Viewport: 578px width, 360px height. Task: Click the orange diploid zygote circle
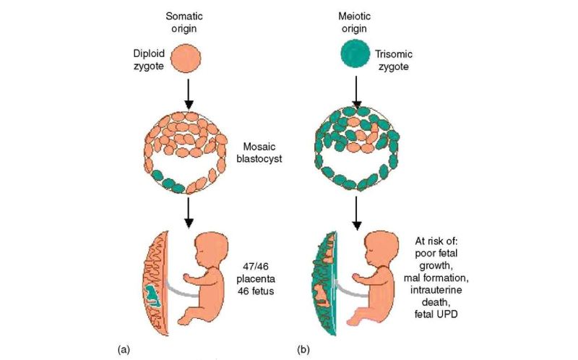pos(188,57)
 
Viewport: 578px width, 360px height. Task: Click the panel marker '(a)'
pos(124,349)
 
